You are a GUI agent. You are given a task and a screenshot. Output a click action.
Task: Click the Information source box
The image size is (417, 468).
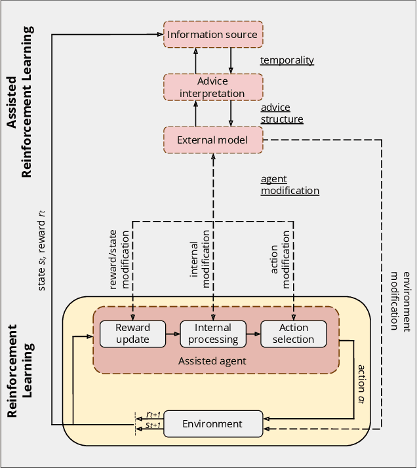pos(213,34)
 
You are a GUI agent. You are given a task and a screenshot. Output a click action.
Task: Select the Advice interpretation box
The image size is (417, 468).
pos(213,87)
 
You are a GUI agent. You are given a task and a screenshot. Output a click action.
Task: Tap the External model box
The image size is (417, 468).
pos(213,140)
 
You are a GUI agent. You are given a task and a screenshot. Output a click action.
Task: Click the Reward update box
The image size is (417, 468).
pos(133,334)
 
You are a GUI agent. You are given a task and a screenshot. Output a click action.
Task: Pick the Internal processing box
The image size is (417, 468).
pos(213,334)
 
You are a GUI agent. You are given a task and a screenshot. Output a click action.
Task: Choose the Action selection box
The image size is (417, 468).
pos(293,334)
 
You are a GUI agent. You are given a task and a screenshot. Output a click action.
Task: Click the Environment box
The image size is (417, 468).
pos(213,424)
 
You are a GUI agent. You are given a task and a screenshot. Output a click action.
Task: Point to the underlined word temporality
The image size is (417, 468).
pos(287,60)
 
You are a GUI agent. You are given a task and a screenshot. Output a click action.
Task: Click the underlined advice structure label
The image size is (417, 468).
pos(282,113)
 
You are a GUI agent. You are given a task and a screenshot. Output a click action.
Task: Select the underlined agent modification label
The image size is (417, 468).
pos(290,185)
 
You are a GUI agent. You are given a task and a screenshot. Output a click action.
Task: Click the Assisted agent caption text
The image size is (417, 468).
pos(213,361)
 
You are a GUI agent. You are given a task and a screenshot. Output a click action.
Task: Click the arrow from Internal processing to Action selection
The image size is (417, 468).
pos(253,334)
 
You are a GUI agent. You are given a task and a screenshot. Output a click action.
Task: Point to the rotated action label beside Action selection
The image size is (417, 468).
pos(361,376)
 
